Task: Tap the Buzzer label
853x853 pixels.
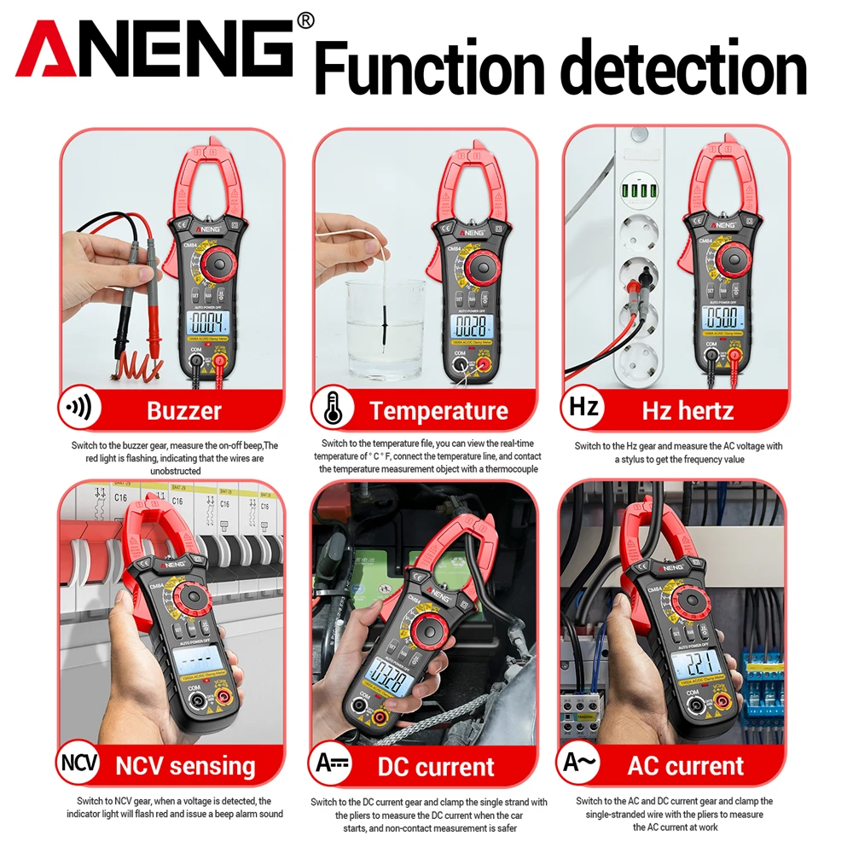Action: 184,411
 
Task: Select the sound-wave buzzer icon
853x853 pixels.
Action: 79,410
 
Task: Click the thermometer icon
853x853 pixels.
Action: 333,410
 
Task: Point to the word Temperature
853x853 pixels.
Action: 438,411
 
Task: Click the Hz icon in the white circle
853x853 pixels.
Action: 584,408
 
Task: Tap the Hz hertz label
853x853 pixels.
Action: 688,411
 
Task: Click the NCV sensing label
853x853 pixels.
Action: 185,766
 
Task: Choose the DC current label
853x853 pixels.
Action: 436,766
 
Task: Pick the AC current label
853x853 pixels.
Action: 686,766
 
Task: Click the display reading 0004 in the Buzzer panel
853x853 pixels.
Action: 208,323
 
